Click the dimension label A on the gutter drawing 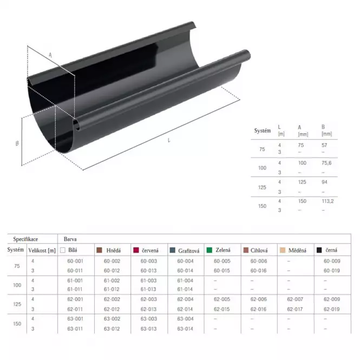(x=50, y=55)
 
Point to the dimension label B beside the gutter (x=17, y=143)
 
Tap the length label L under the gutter (x=169, y=140)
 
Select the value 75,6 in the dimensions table (x=326, y=163)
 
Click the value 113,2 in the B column (x=328, y=201)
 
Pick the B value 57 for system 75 (x=324, y=145)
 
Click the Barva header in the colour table (x=70, y=239)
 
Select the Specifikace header (x=25, y=239)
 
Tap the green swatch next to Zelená (x=209, y=250)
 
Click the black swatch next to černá (x=319, y=250)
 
